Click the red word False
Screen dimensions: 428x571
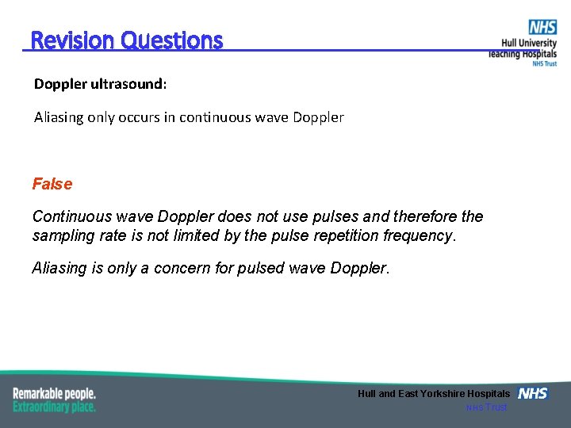click(52, 184)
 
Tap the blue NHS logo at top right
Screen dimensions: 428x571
click(542, 27)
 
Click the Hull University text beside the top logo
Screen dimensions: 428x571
click(529, 44)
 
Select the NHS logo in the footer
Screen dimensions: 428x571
click(532, 393)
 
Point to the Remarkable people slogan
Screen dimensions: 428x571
click(54, 393)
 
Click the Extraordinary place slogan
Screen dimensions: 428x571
click(54, 407)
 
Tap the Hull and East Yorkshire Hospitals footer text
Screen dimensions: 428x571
click(434, 394)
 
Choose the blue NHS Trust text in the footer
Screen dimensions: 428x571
click(486, 407)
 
